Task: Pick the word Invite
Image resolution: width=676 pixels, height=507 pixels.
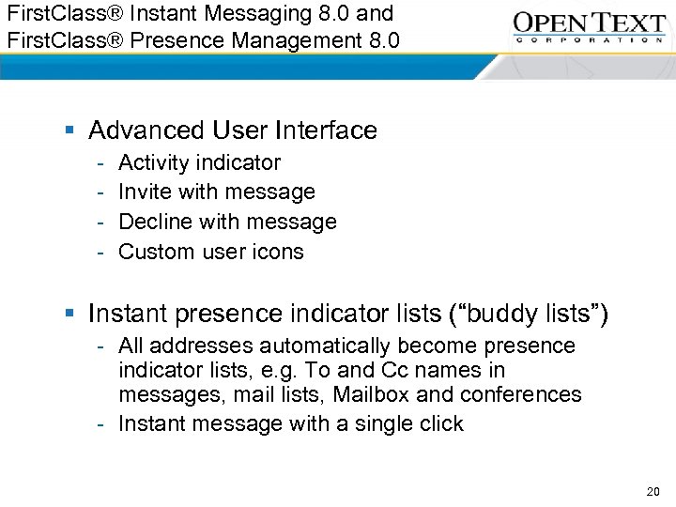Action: coord(142,192)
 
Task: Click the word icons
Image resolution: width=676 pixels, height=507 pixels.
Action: coord(277,252)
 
